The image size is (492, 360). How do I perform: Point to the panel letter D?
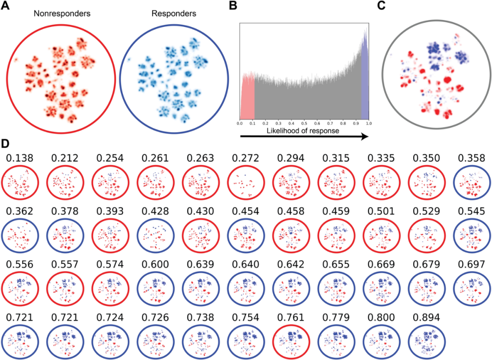tap(6, 145)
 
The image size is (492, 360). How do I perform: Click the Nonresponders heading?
tap(62, 14)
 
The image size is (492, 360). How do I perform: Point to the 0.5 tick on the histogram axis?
tap(304, 123)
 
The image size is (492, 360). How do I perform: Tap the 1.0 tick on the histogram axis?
tap(368, 123)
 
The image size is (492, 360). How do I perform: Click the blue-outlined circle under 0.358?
tap(472, 182)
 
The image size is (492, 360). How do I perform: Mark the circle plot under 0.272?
tap(245, 182)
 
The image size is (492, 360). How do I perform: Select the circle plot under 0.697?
tap(472, 288)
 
